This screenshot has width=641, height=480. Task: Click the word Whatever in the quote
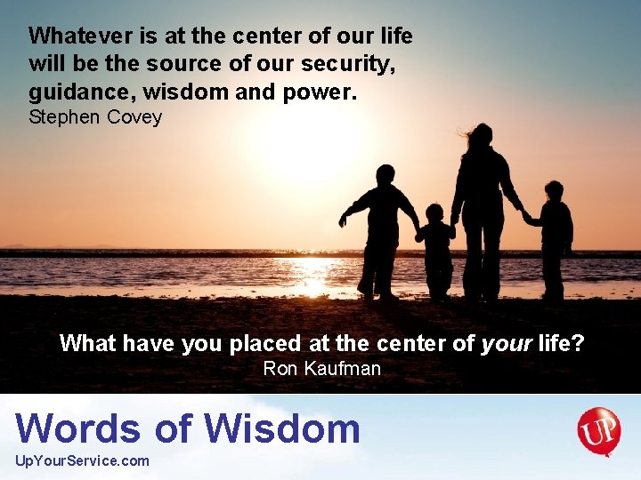[x=79, y=36]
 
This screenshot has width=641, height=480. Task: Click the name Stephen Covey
[x=95, y=117]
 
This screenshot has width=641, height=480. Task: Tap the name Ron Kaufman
[x=321, y=368]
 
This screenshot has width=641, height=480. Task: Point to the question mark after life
[x=579, y=343]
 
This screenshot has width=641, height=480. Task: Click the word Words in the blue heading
[x=78, y=428]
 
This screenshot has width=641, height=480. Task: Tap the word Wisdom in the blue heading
[x=282, y=428]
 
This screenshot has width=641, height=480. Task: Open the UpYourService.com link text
[x=83, y=460]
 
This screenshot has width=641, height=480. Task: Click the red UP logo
[x=598, y=430]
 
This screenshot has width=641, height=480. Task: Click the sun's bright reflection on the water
[x=312, y=276]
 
